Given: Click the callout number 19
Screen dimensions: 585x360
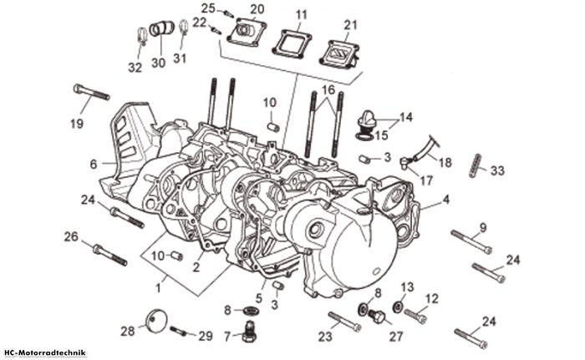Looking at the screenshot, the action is (77, 124).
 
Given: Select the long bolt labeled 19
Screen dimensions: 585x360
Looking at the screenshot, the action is (91, 92).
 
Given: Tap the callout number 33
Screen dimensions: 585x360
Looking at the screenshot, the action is (497, 171).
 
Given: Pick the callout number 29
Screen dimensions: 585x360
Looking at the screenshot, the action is (206, 336).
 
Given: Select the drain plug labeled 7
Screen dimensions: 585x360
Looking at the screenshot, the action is (249, 331).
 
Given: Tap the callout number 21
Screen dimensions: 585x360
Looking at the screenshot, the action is (350, 25).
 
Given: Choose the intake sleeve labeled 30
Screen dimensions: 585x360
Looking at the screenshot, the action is (162, 28).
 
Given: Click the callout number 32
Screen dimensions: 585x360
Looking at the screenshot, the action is (135, 68).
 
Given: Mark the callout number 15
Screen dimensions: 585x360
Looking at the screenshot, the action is (381, 135).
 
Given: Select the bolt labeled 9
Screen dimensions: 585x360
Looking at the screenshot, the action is (471, 242).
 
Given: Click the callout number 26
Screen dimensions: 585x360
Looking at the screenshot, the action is (71, 236).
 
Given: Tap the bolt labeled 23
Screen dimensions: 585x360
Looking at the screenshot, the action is (344, 322).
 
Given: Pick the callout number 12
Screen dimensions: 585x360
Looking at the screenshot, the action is (432, 299).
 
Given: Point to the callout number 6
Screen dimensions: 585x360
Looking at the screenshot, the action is (94, 164).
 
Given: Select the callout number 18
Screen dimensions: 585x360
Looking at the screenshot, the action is (445, 163).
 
